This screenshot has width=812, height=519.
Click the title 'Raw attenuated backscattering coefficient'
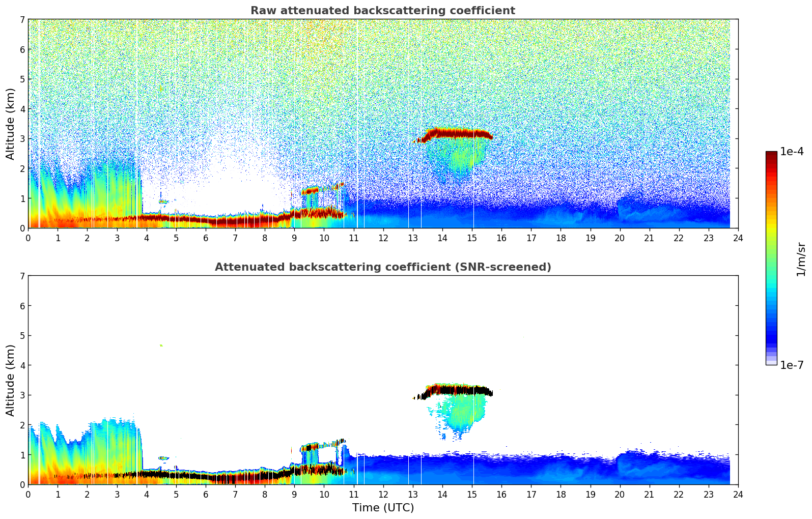pyautogui.click(x=382, y=11)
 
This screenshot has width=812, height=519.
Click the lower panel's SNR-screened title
pyautogui.click(x=382, y=267)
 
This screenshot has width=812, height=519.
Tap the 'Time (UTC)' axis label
pyautogui.click(x=383, y=507)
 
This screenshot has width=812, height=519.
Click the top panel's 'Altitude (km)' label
pyautogui.click(x=11, y=124)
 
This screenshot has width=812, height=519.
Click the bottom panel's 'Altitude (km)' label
pyautogui.click(x=11, y=380)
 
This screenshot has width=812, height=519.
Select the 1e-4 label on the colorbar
pyautogui.click(x=792, y=152)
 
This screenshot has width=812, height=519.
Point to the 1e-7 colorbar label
pyautogui.click(x=792, y=365)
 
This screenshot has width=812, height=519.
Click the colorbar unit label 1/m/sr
pyautogui.click(x=801, y=259)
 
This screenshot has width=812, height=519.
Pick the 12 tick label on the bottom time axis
pyautogui.click(x=383, y=495)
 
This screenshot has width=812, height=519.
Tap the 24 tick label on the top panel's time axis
pyautogui.click(x=738, y=238)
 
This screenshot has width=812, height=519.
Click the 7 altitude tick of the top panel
pyautogui.click(x=22, y=20)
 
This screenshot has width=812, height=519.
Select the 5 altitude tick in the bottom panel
pyautogui.click(x=22, y=336)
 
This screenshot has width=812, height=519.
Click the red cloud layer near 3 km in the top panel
pyautogui.click(x=458, y=134)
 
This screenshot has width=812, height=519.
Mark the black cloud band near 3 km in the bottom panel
pyautogui.click(x=458, y=391)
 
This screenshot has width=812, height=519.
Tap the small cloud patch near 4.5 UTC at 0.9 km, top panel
pyautogui.click(x=163, y=201)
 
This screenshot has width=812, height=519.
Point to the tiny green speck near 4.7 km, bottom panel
pyautogui.click(x=161, y=345)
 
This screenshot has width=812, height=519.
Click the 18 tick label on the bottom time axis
pyautogui.click(x=561, y=495)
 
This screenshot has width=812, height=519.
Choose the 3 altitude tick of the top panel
pyautogui.click(x=22, y=139)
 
